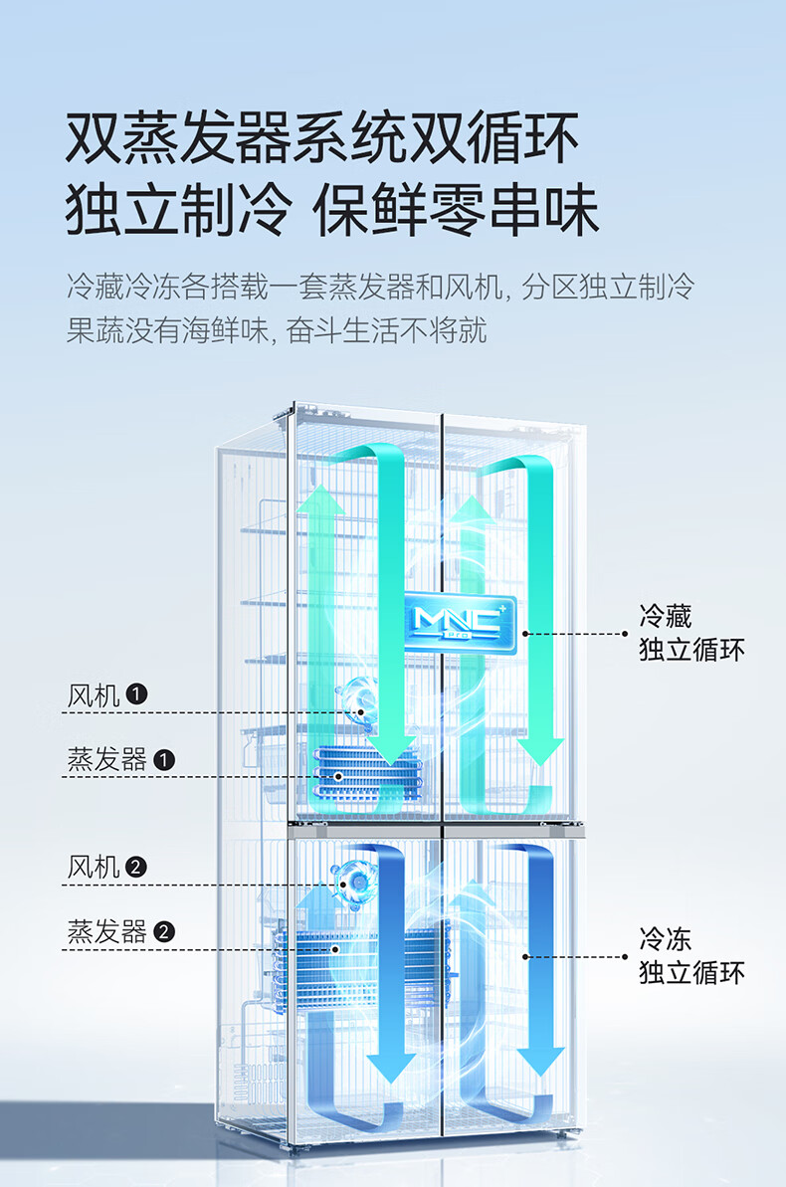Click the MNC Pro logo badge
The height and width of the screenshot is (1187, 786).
click(x=460, y=625)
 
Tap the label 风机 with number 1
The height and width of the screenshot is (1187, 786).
click(x=107, y=694)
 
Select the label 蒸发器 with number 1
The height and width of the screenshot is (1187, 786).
click(x=121, y=759)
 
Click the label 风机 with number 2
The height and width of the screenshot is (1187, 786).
click(x=107, y=867)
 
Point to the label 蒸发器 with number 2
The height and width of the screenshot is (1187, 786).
click(x=121, y=931)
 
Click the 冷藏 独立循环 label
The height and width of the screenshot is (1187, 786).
click(x=691, y=633)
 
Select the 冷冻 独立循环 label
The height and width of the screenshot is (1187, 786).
click(x=691, y=956)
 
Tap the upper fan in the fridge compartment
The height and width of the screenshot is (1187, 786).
click(x=357, y=701)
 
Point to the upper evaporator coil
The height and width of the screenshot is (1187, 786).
click(x=366, y=773)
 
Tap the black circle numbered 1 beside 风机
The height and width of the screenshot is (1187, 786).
click(x=136, y=694)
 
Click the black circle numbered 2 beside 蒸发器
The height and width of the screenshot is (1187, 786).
click(x=163, y=931)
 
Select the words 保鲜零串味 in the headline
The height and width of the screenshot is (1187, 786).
click(x=456, y=210)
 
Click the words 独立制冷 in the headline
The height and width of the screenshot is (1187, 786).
click(x=179, y=210)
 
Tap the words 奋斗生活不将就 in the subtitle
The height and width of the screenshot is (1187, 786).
click(x=386, y=330)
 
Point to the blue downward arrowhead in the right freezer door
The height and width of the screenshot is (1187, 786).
click(x=540, y=1063)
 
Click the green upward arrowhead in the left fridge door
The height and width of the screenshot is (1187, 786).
click(x=321, y=499)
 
